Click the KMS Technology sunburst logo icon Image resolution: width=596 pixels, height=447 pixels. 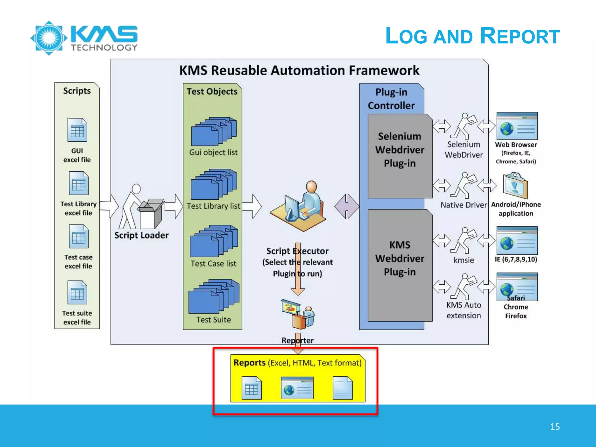[49, 38]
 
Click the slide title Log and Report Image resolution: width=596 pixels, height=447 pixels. [472, 36]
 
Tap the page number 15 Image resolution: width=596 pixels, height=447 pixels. [555, 427]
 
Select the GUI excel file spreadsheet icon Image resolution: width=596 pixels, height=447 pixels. [77, 130]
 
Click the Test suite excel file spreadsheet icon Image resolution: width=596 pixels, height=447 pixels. [77, 292]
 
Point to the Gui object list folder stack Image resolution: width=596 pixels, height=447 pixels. [214, 132]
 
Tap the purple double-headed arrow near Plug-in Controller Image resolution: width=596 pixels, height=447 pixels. [346, 206]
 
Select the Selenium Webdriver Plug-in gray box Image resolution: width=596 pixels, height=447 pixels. [400, 156]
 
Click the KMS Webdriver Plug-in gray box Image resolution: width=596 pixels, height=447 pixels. [400, 265]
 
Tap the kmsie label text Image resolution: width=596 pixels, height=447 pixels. [464, 260]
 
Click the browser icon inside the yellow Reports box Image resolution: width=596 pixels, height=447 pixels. [297, 388]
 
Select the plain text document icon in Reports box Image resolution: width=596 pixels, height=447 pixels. [343, 388]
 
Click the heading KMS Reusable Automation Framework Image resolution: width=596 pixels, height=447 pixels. [299, 70]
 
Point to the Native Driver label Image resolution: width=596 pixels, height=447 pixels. [463, 205]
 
